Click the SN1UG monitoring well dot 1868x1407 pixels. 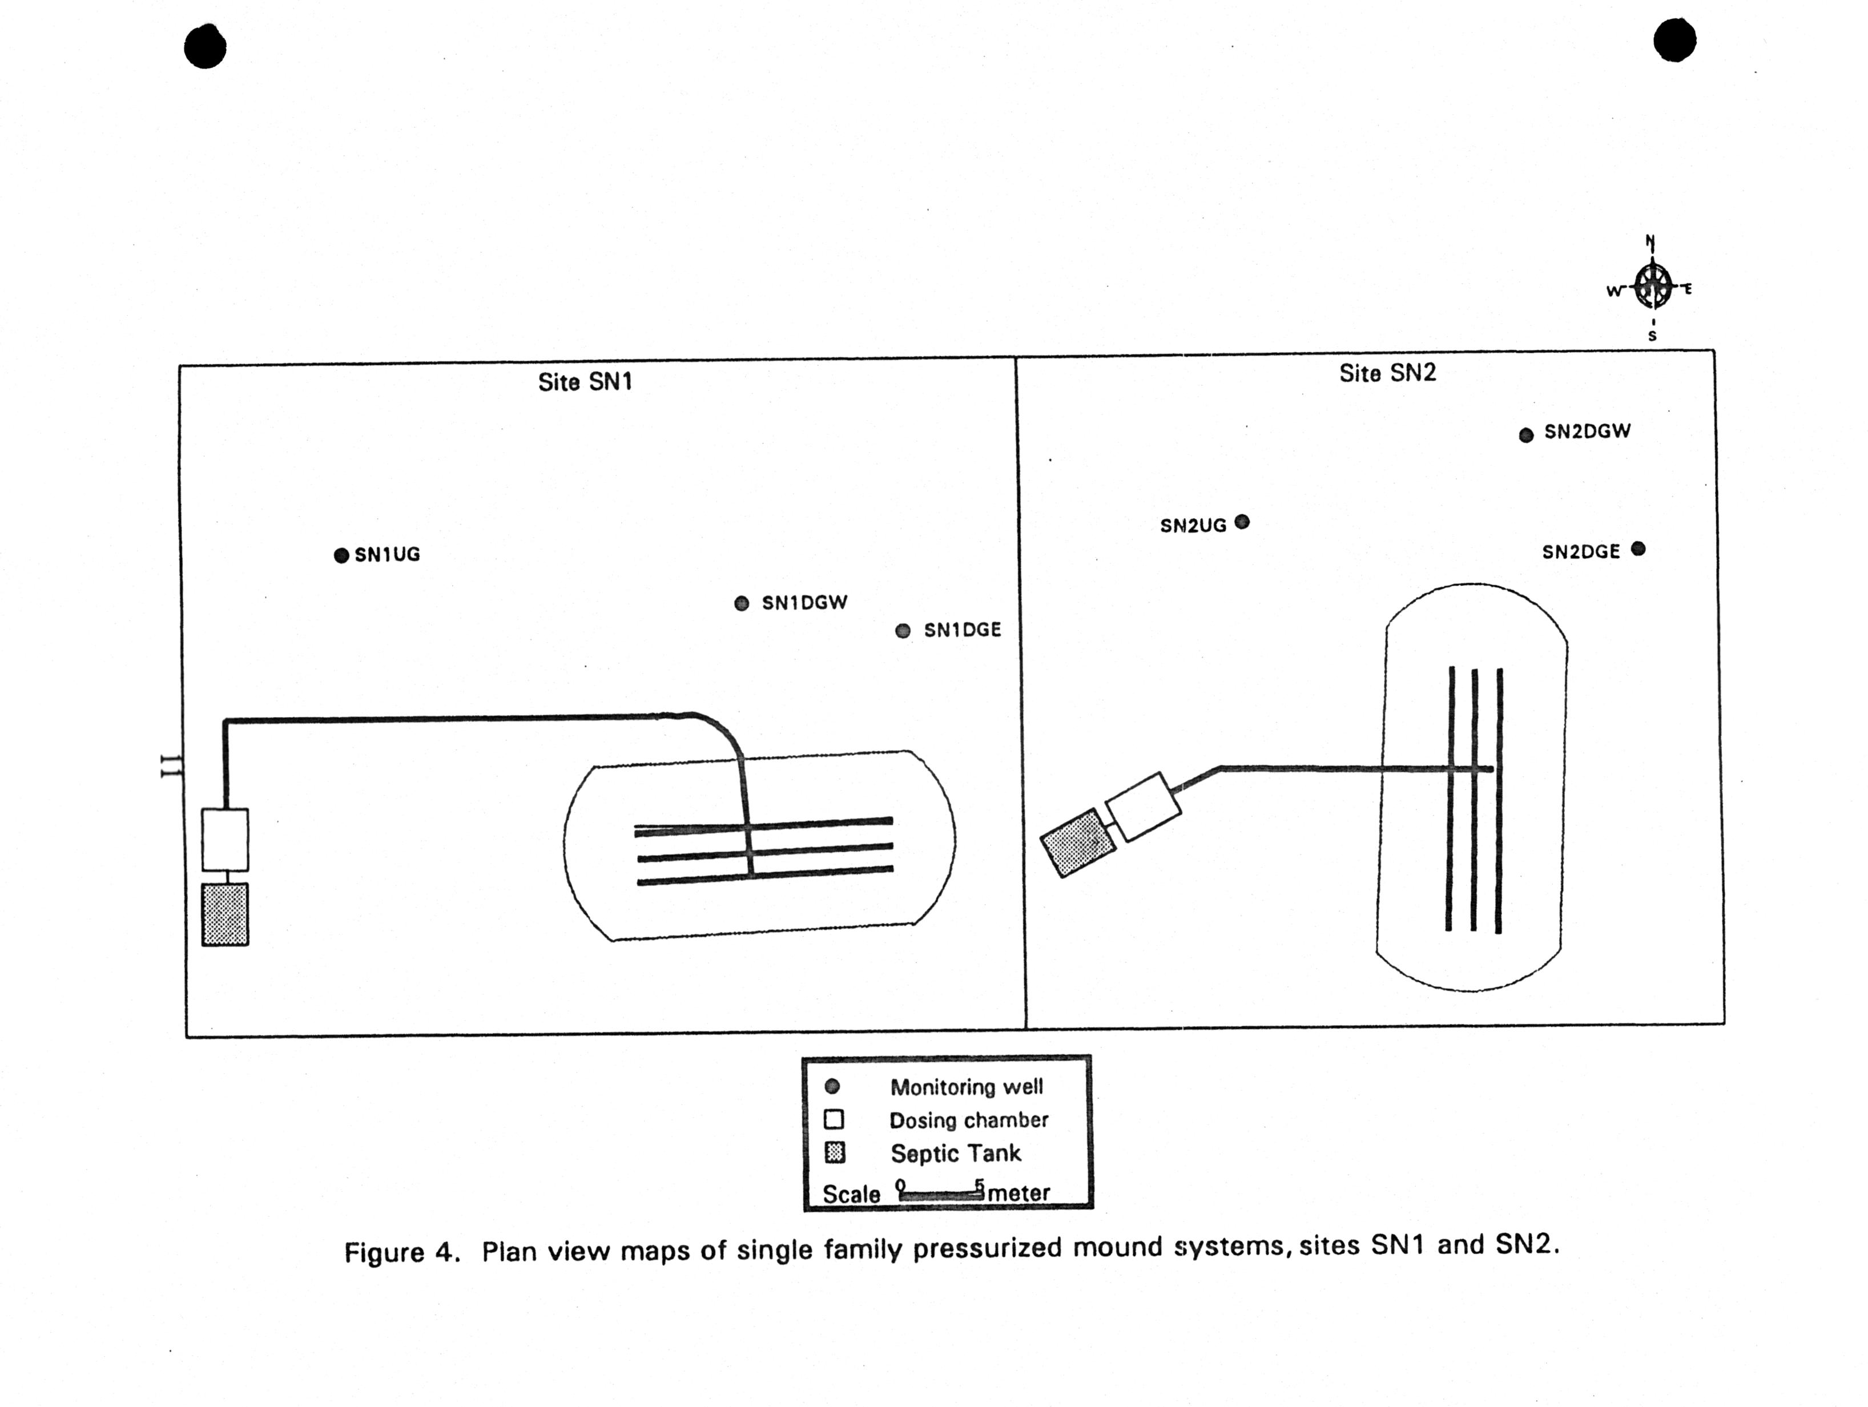[341, 556]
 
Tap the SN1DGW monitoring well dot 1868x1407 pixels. [742, 603]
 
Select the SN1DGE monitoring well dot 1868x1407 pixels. [903, 631]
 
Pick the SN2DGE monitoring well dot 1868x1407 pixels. [1638, 549]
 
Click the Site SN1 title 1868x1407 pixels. [585, 382]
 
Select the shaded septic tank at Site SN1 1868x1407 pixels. [224, 914]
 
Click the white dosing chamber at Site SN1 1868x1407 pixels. [224, 840]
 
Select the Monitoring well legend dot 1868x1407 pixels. [832, 1087]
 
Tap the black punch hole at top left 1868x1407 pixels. [205, 46]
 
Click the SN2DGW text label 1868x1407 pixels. [1588, 432]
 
